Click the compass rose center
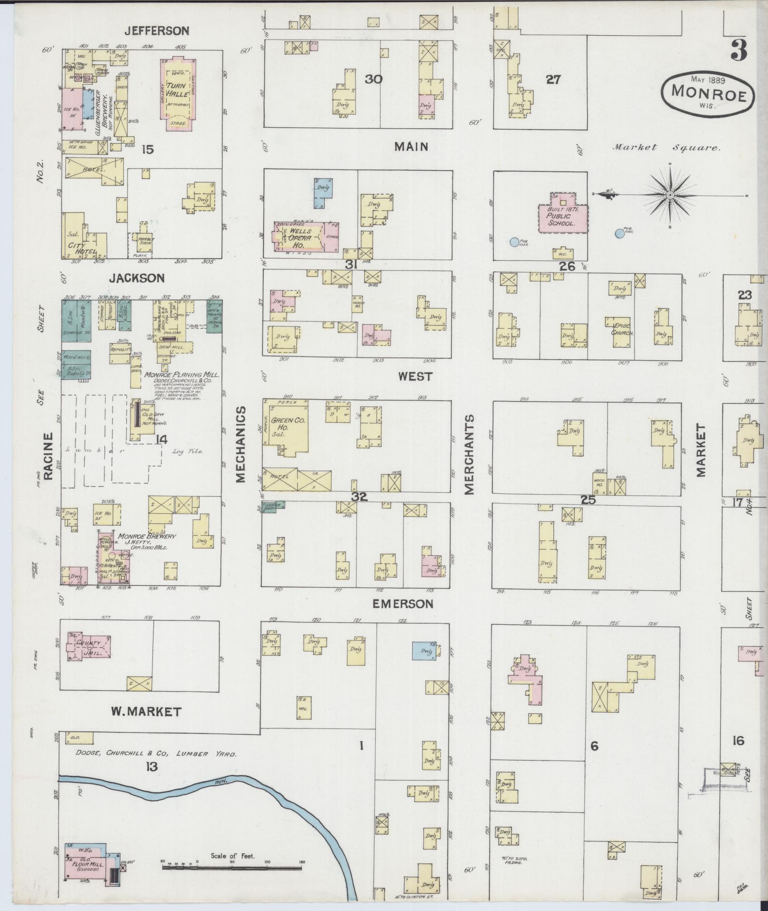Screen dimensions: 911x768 click(x=669, y=195)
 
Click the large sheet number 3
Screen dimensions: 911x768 click(x=738, y=50)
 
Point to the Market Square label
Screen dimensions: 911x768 click(x=667, y=147)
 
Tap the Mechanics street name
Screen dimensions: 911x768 click(x=241, y=444)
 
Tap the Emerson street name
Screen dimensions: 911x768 click(x=403, y=604)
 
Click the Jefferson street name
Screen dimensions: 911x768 click(x=157, y=31)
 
